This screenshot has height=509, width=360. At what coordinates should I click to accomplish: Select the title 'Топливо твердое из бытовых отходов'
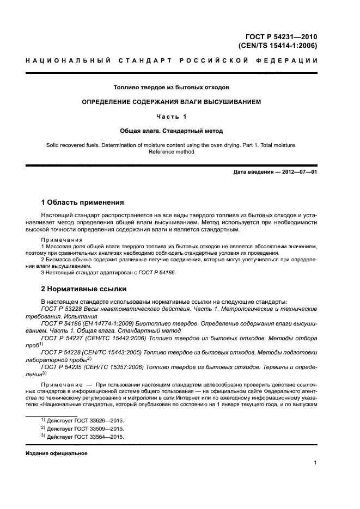pos(172,87)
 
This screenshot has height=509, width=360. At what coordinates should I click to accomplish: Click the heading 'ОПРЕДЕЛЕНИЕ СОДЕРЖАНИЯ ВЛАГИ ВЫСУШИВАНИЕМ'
pos(172,102)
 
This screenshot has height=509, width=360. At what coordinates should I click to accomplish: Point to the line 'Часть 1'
pos(172,116)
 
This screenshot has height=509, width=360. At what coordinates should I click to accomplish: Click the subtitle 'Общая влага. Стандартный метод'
pos(172,131)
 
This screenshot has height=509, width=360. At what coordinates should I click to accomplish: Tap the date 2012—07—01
pos(298,173)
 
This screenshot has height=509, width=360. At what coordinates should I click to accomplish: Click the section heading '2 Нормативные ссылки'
pos(84,289)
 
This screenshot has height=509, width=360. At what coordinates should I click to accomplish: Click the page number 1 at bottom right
pos(315,463)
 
